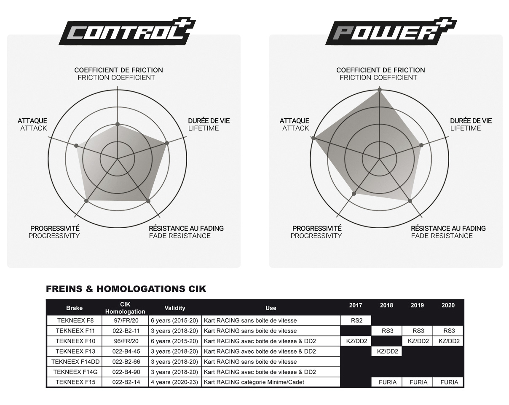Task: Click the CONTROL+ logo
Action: click(x=127, y=32)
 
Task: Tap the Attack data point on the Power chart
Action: click(x=313, y=138)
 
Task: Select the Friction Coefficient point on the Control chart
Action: click(x=118, y=124)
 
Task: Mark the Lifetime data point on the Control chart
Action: click(x=167, y=143)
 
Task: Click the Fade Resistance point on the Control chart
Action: click(x=148, y=201)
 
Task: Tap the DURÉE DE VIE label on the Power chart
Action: click(x=471, y=121)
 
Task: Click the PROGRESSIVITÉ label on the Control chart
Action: click(x=55, y=228)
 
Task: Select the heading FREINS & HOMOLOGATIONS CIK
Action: click(x=126, y=289)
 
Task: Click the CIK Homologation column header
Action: click(x=125, y=308)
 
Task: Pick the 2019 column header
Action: click(x=417, y=305)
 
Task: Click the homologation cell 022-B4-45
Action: click(x=125, y=351)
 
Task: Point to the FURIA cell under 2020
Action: click(x=449, y=382)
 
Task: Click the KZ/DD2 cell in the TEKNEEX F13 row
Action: click(x=386, y=351)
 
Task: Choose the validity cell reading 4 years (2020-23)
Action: click(x=174, y=382)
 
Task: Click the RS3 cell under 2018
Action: click(x=386, y=331)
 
